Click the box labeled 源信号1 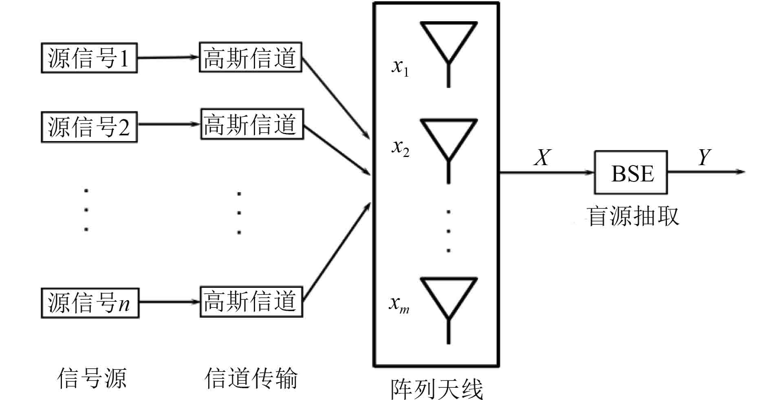click(89, 58)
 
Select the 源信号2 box click(89, 127)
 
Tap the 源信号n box click(90, 303)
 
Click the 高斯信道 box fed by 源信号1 click(250, 57)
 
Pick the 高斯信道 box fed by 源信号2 click(252, 124)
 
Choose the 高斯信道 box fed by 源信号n click(251, 301)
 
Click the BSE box click(631, 172)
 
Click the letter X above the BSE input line click(542, 157)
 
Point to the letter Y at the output click(704, 157)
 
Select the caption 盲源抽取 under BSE click(632, 216)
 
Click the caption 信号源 click(92, 378)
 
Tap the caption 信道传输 click(251, 378)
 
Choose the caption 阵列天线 click(437, 389)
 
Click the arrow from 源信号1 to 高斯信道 click(168, 57)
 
